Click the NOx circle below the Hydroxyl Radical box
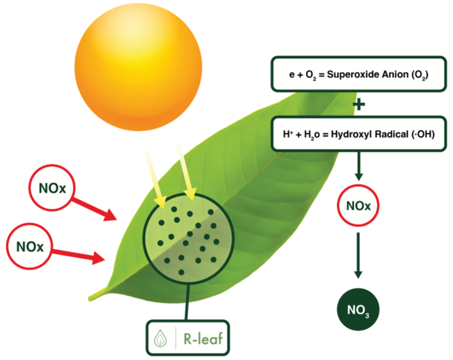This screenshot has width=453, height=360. pyautogui.click(x=359, y=206)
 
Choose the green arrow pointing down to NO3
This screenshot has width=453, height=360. pyautogui.click(x=359, y=254)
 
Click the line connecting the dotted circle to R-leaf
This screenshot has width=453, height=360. pyautogui.click(x=188, y=303)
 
